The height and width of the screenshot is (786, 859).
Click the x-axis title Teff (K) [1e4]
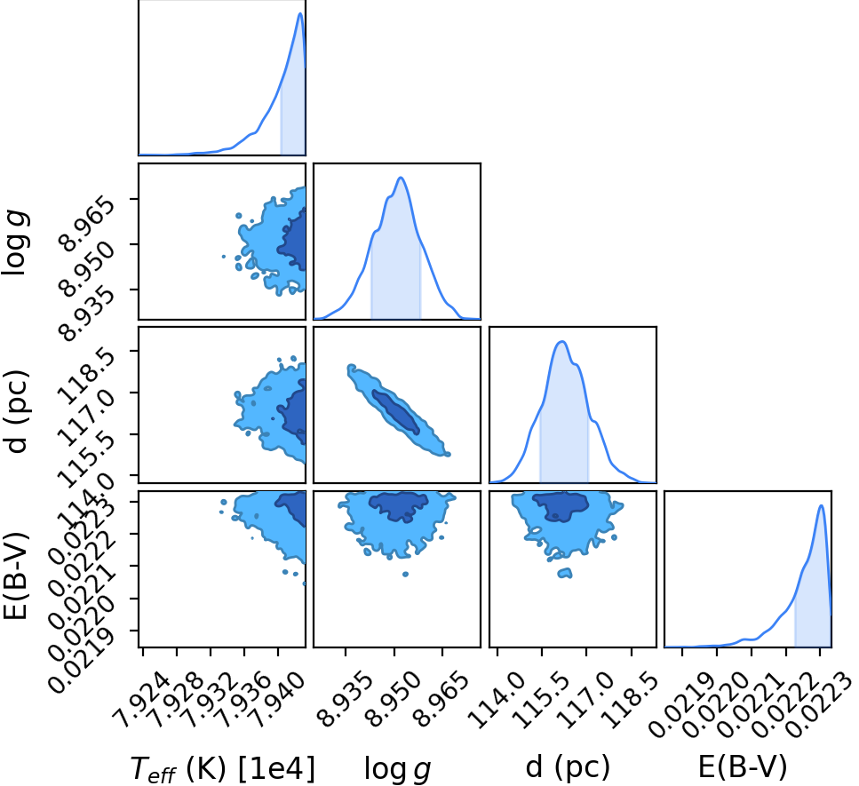[x=223, y=768]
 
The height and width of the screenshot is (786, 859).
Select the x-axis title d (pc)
[x=568, y=766]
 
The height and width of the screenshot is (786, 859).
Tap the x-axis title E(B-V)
[x=743, y=766]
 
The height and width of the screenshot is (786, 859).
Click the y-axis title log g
[x=15, y=242]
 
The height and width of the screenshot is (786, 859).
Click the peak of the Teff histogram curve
[x=299, y=13]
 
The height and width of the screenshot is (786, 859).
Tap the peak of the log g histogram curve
[x=401, y=178]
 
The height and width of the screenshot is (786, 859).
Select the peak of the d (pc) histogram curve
[x=562, y=342]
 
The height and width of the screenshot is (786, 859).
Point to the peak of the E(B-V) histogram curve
[x=821, y=505]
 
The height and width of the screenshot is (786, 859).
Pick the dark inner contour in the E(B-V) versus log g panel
[x=399, y=505]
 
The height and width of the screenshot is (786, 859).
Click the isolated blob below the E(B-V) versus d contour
[x=565, y=573]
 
